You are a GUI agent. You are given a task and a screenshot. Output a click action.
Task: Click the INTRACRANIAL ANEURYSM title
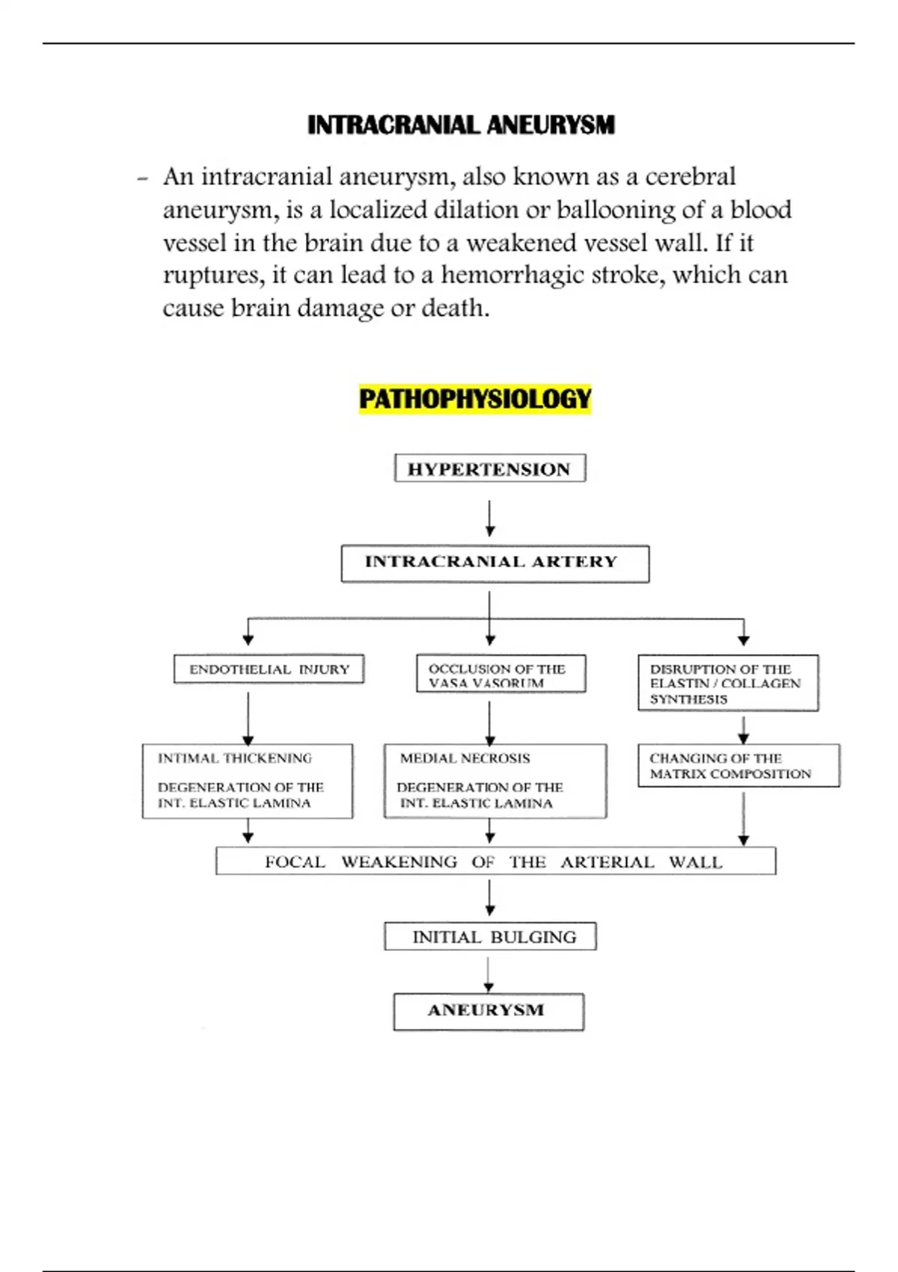[461, 125]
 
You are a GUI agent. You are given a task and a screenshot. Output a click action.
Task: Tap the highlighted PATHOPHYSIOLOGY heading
[475, 399]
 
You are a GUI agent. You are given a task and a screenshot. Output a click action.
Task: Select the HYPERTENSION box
[489, 468]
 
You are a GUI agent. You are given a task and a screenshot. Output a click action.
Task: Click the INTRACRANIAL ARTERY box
[495, 563]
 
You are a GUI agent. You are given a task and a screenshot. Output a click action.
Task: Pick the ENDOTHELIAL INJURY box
[269, 669]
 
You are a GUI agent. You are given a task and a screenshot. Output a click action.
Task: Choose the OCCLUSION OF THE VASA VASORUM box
[500, 674]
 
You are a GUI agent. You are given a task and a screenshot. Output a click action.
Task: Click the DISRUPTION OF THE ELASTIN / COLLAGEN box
[727, 683]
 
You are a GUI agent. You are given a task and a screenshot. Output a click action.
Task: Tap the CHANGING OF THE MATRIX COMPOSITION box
[738, 765]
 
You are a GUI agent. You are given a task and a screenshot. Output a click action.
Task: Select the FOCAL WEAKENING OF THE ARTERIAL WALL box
[495, 861]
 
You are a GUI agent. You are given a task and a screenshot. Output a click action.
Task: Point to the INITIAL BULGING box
[490, 936]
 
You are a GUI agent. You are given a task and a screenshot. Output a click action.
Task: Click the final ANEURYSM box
[488, 1011]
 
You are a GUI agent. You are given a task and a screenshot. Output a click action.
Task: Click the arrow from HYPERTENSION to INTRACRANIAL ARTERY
[489, 518]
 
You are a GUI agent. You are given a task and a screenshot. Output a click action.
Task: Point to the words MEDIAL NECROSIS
[465, 758]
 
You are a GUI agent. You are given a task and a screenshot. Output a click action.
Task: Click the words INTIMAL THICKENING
[234, 758]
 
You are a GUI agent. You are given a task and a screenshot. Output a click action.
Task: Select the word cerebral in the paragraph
[690, 177]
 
